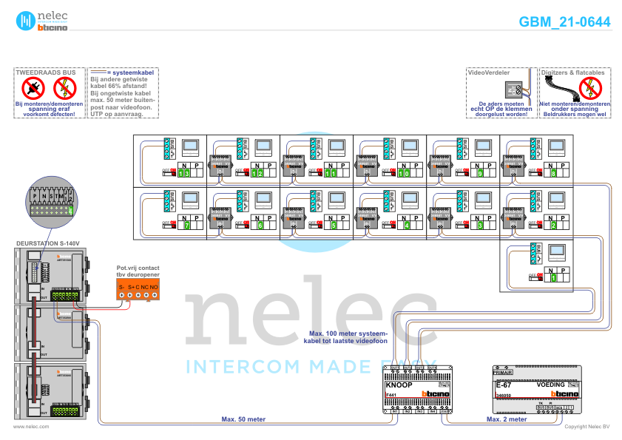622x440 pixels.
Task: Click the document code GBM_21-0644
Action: [564, 22]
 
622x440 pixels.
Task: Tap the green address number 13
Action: [183, 173]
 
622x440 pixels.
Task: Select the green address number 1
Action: [552, 278]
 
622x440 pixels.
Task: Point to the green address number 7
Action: [186, 225]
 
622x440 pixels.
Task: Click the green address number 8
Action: [553, 173]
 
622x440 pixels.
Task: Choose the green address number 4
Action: [406, 225]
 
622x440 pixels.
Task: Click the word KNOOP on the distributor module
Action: [400, 385]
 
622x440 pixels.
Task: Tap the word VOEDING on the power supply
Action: [550, 385]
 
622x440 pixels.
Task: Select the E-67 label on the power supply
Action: [504, 385]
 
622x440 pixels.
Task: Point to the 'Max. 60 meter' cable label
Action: [243, 419]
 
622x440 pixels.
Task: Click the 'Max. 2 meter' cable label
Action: [507, 419]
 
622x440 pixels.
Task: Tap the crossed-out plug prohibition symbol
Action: [33, 89]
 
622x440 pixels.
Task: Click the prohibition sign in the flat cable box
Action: [590, 89]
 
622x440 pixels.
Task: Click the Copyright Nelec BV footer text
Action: [587, 427]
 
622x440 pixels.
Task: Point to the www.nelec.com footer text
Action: [31, 427]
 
